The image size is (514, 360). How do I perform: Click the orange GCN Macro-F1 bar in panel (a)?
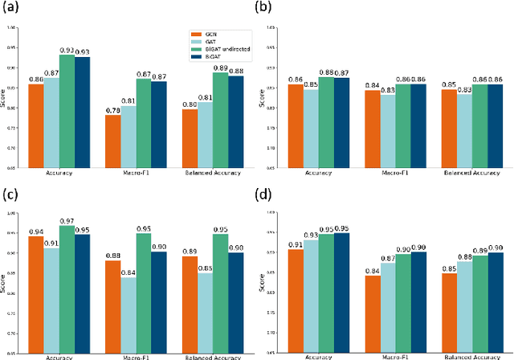[x=112, y=141]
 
